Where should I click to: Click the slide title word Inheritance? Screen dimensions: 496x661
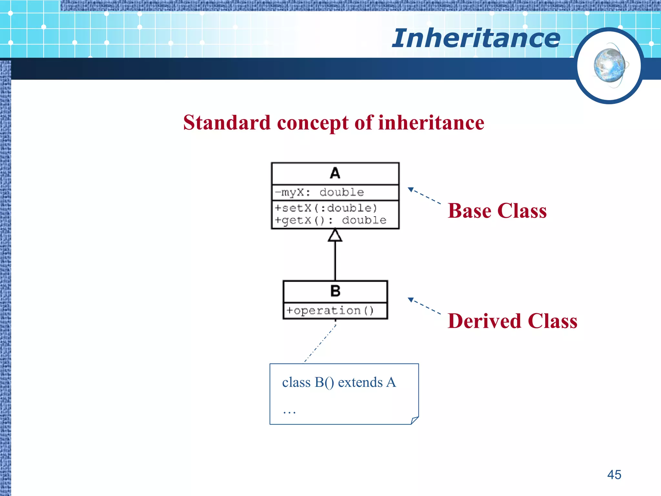tap(476, 38)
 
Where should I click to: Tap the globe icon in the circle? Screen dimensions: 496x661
tap(609, 66)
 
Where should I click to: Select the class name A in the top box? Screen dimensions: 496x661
tap(335, 173)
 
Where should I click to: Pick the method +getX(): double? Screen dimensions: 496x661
tap(330, 220)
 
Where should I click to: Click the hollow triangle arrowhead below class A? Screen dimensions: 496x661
tap(335, 235)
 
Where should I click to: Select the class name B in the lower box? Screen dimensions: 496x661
tap(335, 291)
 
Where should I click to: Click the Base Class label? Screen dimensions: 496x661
tap(497, 211)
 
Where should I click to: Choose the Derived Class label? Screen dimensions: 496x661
tap(512, 321)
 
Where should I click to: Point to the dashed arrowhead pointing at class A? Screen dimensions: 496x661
tap(411, 190)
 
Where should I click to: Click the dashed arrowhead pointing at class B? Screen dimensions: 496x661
tap(411, 300)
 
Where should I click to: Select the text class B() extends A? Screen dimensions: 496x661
tap(339, 382)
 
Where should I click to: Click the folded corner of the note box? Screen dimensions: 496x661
tap(415, 420)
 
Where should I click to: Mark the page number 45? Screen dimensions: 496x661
tap(614, 475)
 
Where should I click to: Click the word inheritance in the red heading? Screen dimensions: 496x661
tap(431, 123)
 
